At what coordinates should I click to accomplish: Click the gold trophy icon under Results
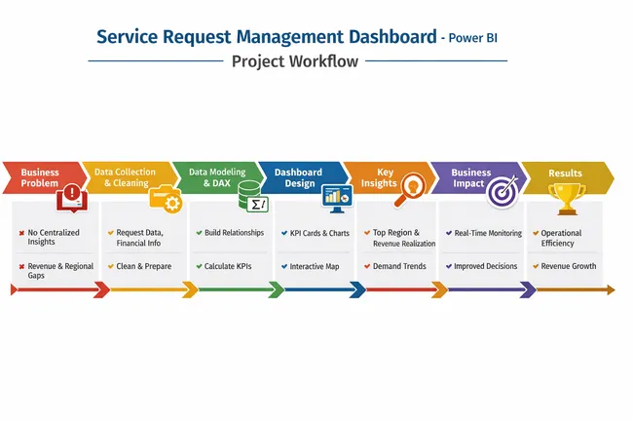(x=566, y=198)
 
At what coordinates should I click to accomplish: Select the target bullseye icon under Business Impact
(x=503, y=192)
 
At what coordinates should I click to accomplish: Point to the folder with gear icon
(x=165, y=198)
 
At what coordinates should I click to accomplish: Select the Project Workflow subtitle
(x=294, y=61)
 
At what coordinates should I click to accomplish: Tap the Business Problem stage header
(x=40, y=177)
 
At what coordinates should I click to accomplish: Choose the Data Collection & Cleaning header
(x=125, y=177)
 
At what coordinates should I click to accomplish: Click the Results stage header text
(x=565, y=173)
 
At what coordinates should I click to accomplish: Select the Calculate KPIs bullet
(x=230, y=266)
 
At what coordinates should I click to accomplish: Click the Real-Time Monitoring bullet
(x=488, y=233)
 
